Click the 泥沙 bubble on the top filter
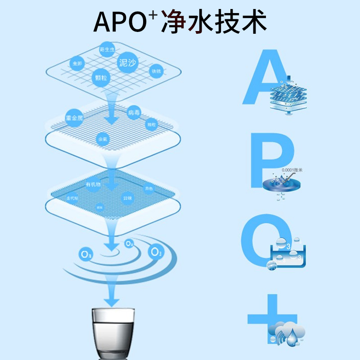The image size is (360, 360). [126, 63]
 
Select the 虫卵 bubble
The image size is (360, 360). [76, 64]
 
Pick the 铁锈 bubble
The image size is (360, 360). [156, 71]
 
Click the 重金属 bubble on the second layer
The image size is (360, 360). [74, 118]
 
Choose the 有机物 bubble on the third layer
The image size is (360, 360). [93, 185]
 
